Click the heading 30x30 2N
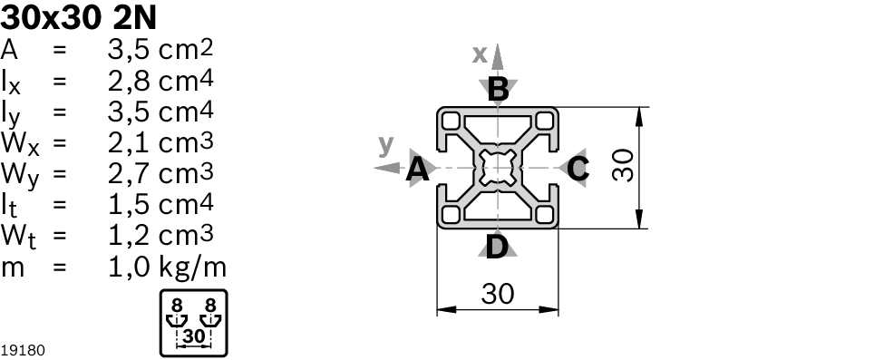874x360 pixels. [x=79, y=18]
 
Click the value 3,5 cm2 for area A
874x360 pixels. [x=160, y=50]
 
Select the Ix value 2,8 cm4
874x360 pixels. [x=160, y=82]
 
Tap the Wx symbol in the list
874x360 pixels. [x=20, y=144]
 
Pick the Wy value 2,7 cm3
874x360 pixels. [x=160, y=174]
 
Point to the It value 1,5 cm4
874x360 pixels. [x=160, y=205]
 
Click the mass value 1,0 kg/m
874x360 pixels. [x=167, y=267]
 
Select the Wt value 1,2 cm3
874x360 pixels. [x=160, y=236]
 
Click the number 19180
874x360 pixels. [x=23, y=351]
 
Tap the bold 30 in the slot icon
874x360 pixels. [x=194, y=336]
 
